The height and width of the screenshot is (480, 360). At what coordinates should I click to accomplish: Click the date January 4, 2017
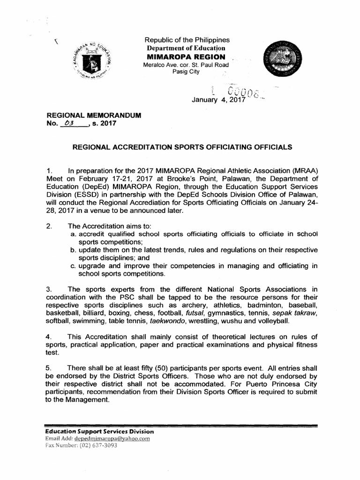218,100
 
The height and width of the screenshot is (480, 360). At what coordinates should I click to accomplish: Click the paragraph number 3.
48,289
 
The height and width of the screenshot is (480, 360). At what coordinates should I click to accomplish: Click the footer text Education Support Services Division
99,431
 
